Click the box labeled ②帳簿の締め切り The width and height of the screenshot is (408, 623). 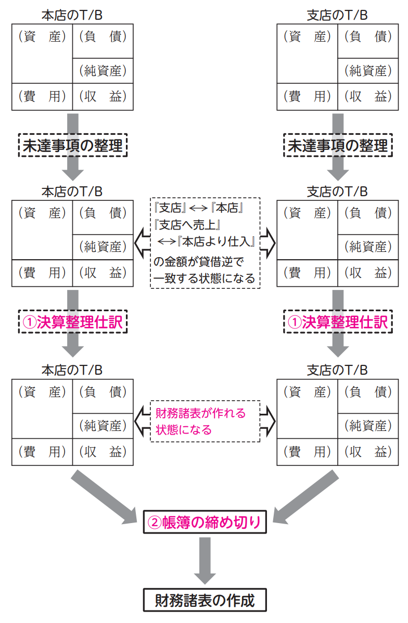click(205, 522)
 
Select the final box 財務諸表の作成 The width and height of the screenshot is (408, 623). click(205, 600)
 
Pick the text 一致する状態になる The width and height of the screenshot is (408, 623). click(205, 278)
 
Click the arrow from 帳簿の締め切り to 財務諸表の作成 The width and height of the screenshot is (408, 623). click(205, 560)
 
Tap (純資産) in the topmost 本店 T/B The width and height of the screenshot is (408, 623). click(103, 70)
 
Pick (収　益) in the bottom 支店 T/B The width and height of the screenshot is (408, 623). click(368, 452)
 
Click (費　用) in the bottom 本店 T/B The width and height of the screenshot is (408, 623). click(42, 452)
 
